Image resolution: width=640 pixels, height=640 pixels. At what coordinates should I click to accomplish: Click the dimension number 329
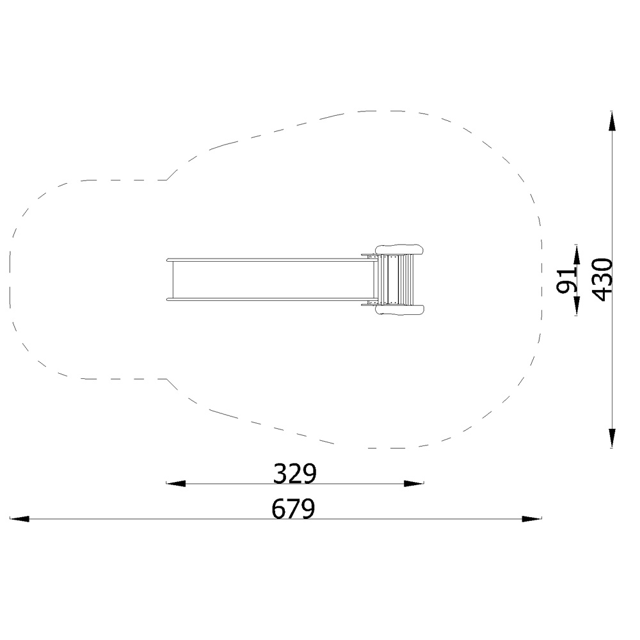pyautogui.click(x=294, y=474)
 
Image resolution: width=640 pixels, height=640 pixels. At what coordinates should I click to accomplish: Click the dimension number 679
pyautogui.click(x=294, y=509)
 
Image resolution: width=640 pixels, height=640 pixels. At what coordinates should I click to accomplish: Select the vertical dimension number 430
pyautogui.click(x=602, y=280)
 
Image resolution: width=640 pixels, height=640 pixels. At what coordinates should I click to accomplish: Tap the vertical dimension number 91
pyautogui.click(x=566, y=281)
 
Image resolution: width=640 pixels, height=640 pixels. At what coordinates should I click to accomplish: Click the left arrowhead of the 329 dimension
pyautogui.click(x=175, y=484)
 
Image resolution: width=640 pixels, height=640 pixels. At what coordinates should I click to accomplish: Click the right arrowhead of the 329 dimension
pyautogui.click(x=414, y=484)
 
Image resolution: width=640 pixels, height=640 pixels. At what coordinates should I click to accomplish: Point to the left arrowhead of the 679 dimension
pyautogui.click(x=20, y=519)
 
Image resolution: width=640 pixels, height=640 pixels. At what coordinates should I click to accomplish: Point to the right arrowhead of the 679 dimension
pyautogui.click(x=532, y=519)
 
